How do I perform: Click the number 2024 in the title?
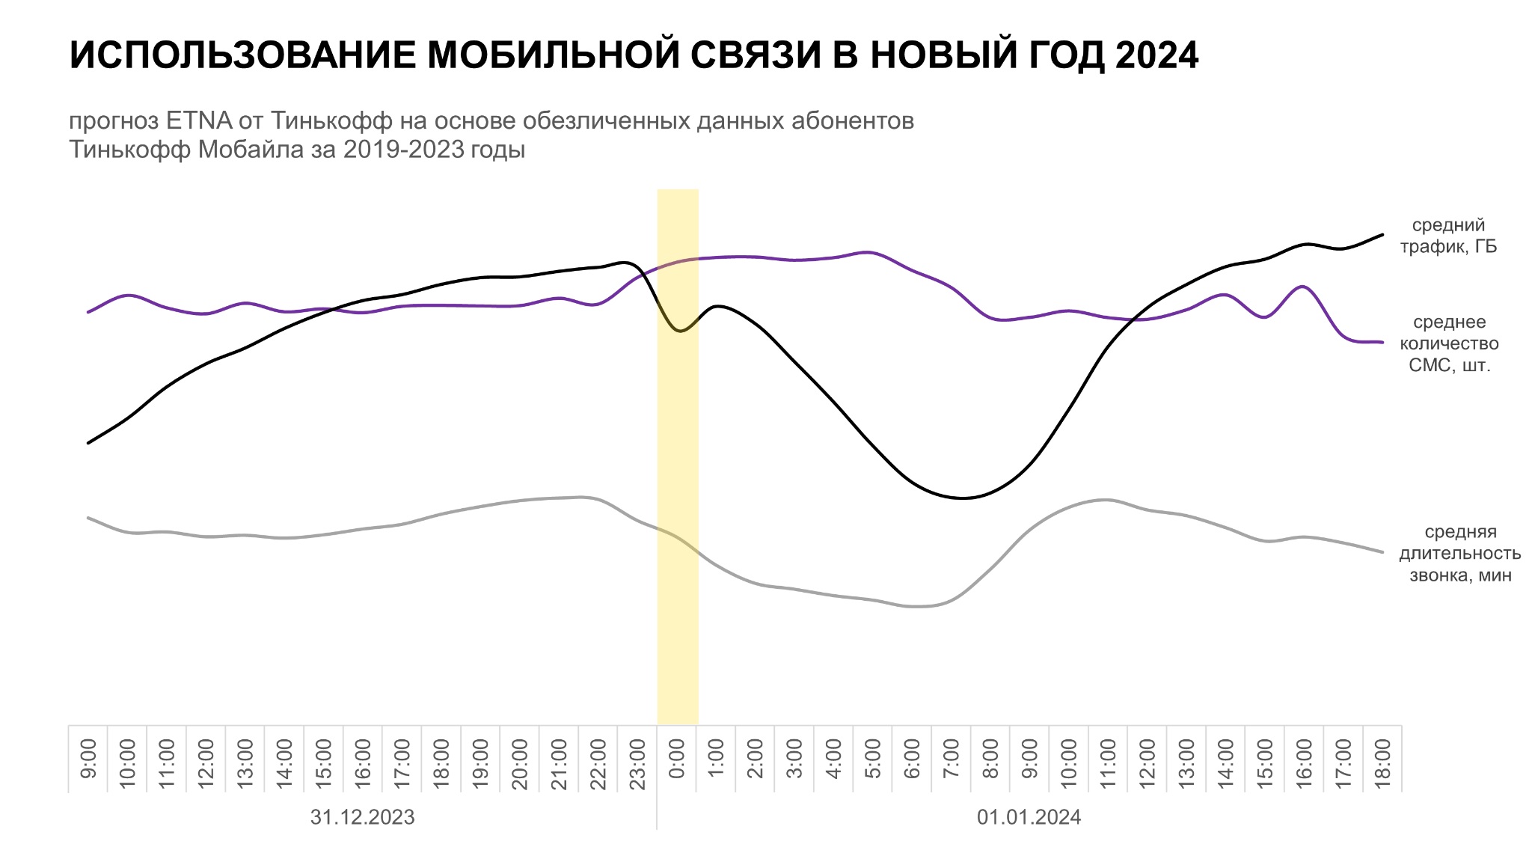[1156, 55]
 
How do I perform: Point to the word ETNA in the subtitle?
[199, 120]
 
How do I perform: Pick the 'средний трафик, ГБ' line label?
[1448, 236]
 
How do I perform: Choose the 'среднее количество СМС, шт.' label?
[1449, 343]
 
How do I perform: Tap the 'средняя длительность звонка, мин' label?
[1459, 553]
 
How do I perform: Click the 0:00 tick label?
[677, 758]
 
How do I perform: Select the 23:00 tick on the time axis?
[637, 758]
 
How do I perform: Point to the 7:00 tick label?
[952, 758]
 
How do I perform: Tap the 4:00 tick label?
[834, 758]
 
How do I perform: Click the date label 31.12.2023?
[362, 817]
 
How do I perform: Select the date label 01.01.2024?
[1029, 817]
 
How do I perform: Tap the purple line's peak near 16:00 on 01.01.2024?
[1302, 287]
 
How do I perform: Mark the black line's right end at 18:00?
[1382, 235]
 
